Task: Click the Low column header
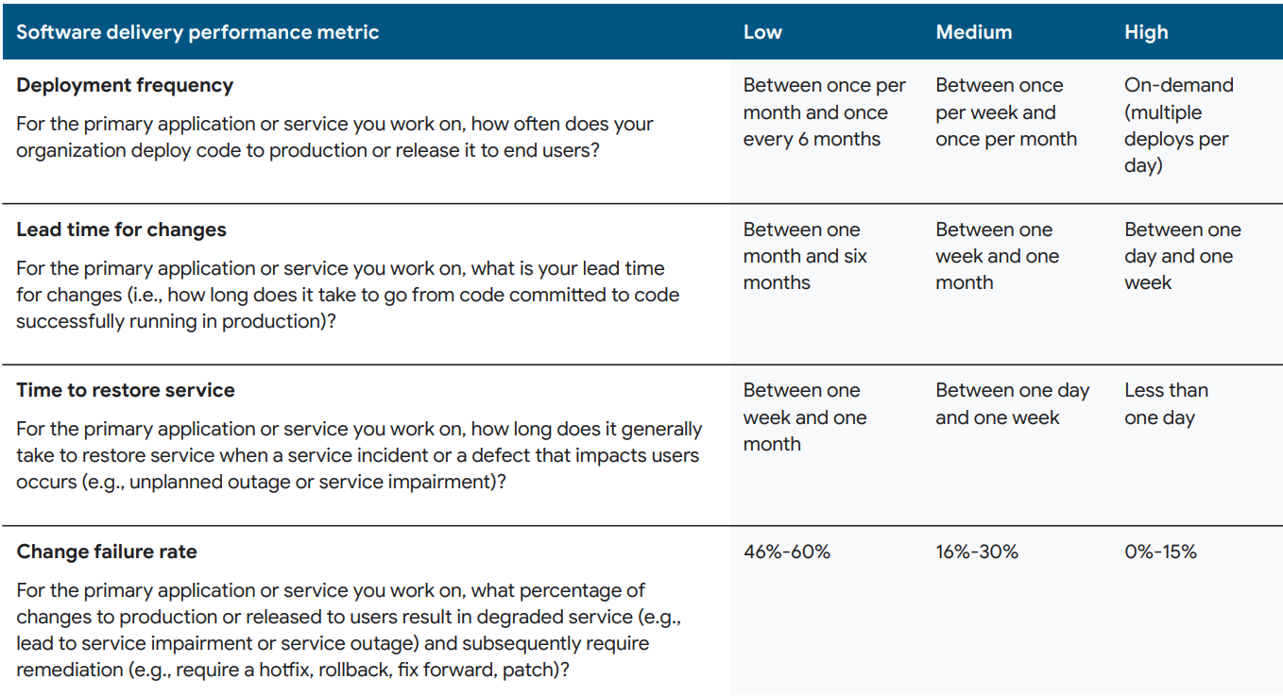[x=762, y=32]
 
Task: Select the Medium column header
[x=973, y=32]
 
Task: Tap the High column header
[x=1146, y=32]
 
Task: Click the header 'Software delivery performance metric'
[x=197, y=32]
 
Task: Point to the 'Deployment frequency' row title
[x=125, y=85]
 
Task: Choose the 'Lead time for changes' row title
[x=121, y=229]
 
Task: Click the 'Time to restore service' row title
[x=126, y=390]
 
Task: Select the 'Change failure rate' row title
[x=107, y=552]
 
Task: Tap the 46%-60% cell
[x=786, y=552]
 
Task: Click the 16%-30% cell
[x=977, y=552]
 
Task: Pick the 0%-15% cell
[x=1160, y=552]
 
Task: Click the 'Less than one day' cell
[x=1165, y=404]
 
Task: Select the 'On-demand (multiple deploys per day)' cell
[x=1178, y=125]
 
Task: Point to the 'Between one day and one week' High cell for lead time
[x=1182, y=256]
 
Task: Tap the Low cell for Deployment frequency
[x=824, y=112]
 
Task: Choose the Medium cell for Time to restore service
[x=1012, y=404]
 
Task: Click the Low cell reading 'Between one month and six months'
[x=804, y=256]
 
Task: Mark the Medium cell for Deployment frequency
[x=1005, y=112]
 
